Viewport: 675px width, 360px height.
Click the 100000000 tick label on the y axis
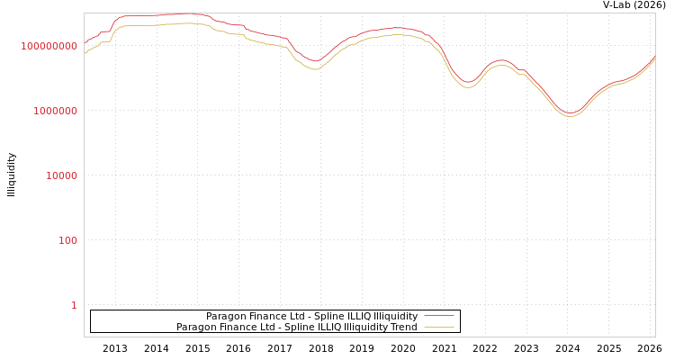(x=49, y=46)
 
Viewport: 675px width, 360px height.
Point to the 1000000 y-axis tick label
(x=55, y=111)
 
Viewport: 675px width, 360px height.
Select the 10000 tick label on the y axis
(x=61, y=175)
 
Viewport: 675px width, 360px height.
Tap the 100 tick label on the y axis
(x=67, y=240)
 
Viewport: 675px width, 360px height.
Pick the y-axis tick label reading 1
(x=74, y=305)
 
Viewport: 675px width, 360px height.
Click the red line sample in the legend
(x=438, y=317)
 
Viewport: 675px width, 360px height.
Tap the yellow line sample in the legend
(x=438, y=328)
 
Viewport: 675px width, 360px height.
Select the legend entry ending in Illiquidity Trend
(x=296, y=328)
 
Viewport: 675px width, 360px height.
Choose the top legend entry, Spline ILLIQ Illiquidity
(x=311, y=317)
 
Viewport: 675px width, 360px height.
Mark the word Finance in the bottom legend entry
(x=237, y=328)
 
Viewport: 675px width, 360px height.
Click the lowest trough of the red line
(x=570, y=113)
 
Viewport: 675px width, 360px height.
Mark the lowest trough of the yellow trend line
(x=570, y=117)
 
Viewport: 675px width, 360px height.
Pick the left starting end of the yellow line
(x=85, y=54)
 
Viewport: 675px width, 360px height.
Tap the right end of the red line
(x=655, y=56)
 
